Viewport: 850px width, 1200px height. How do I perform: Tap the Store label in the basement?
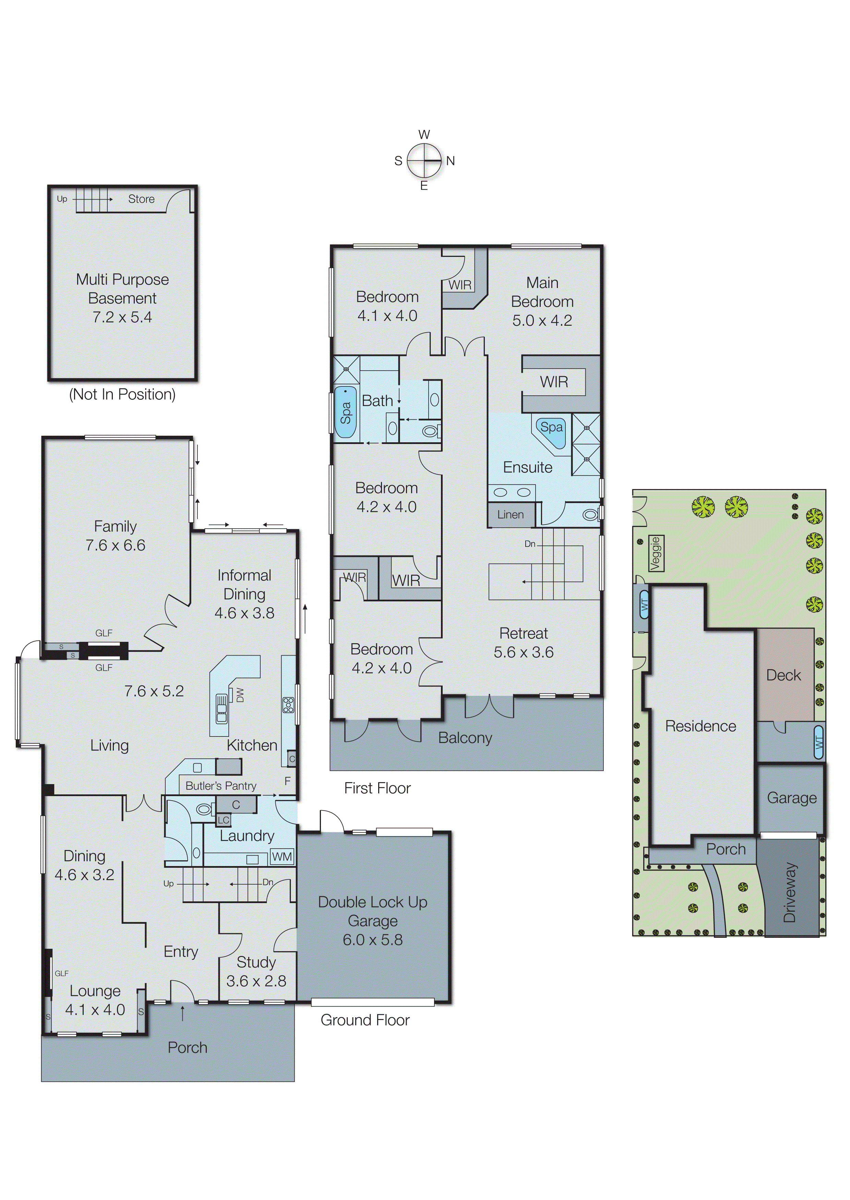click(x=141, y=199)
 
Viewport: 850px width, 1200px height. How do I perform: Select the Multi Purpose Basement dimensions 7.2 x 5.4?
click(x=122, y=317)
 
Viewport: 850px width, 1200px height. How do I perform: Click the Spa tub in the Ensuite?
click(x=551, y=430)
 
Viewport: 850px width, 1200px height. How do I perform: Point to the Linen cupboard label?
click(x=510, y=514)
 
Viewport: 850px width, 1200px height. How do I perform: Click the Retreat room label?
click(x=523, y=633)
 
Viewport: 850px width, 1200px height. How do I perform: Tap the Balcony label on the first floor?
click(x=465, y=737)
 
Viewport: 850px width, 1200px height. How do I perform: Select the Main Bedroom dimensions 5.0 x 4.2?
click(x=542, y=320)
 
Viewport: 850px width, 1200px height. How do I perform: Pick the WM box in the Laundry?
click(x=282, y=857)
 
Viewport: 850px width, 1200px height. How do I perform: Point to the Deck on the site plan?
click(x=783, y=675)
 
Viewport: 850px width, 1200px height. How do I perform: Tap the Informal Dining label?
click(x=244, y=585)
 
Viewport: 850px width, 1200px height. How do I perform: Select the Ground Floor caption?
click(x=365, y=1020)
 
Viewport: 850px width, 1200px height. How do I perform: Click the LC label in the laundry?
click(x=224, y=820)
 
